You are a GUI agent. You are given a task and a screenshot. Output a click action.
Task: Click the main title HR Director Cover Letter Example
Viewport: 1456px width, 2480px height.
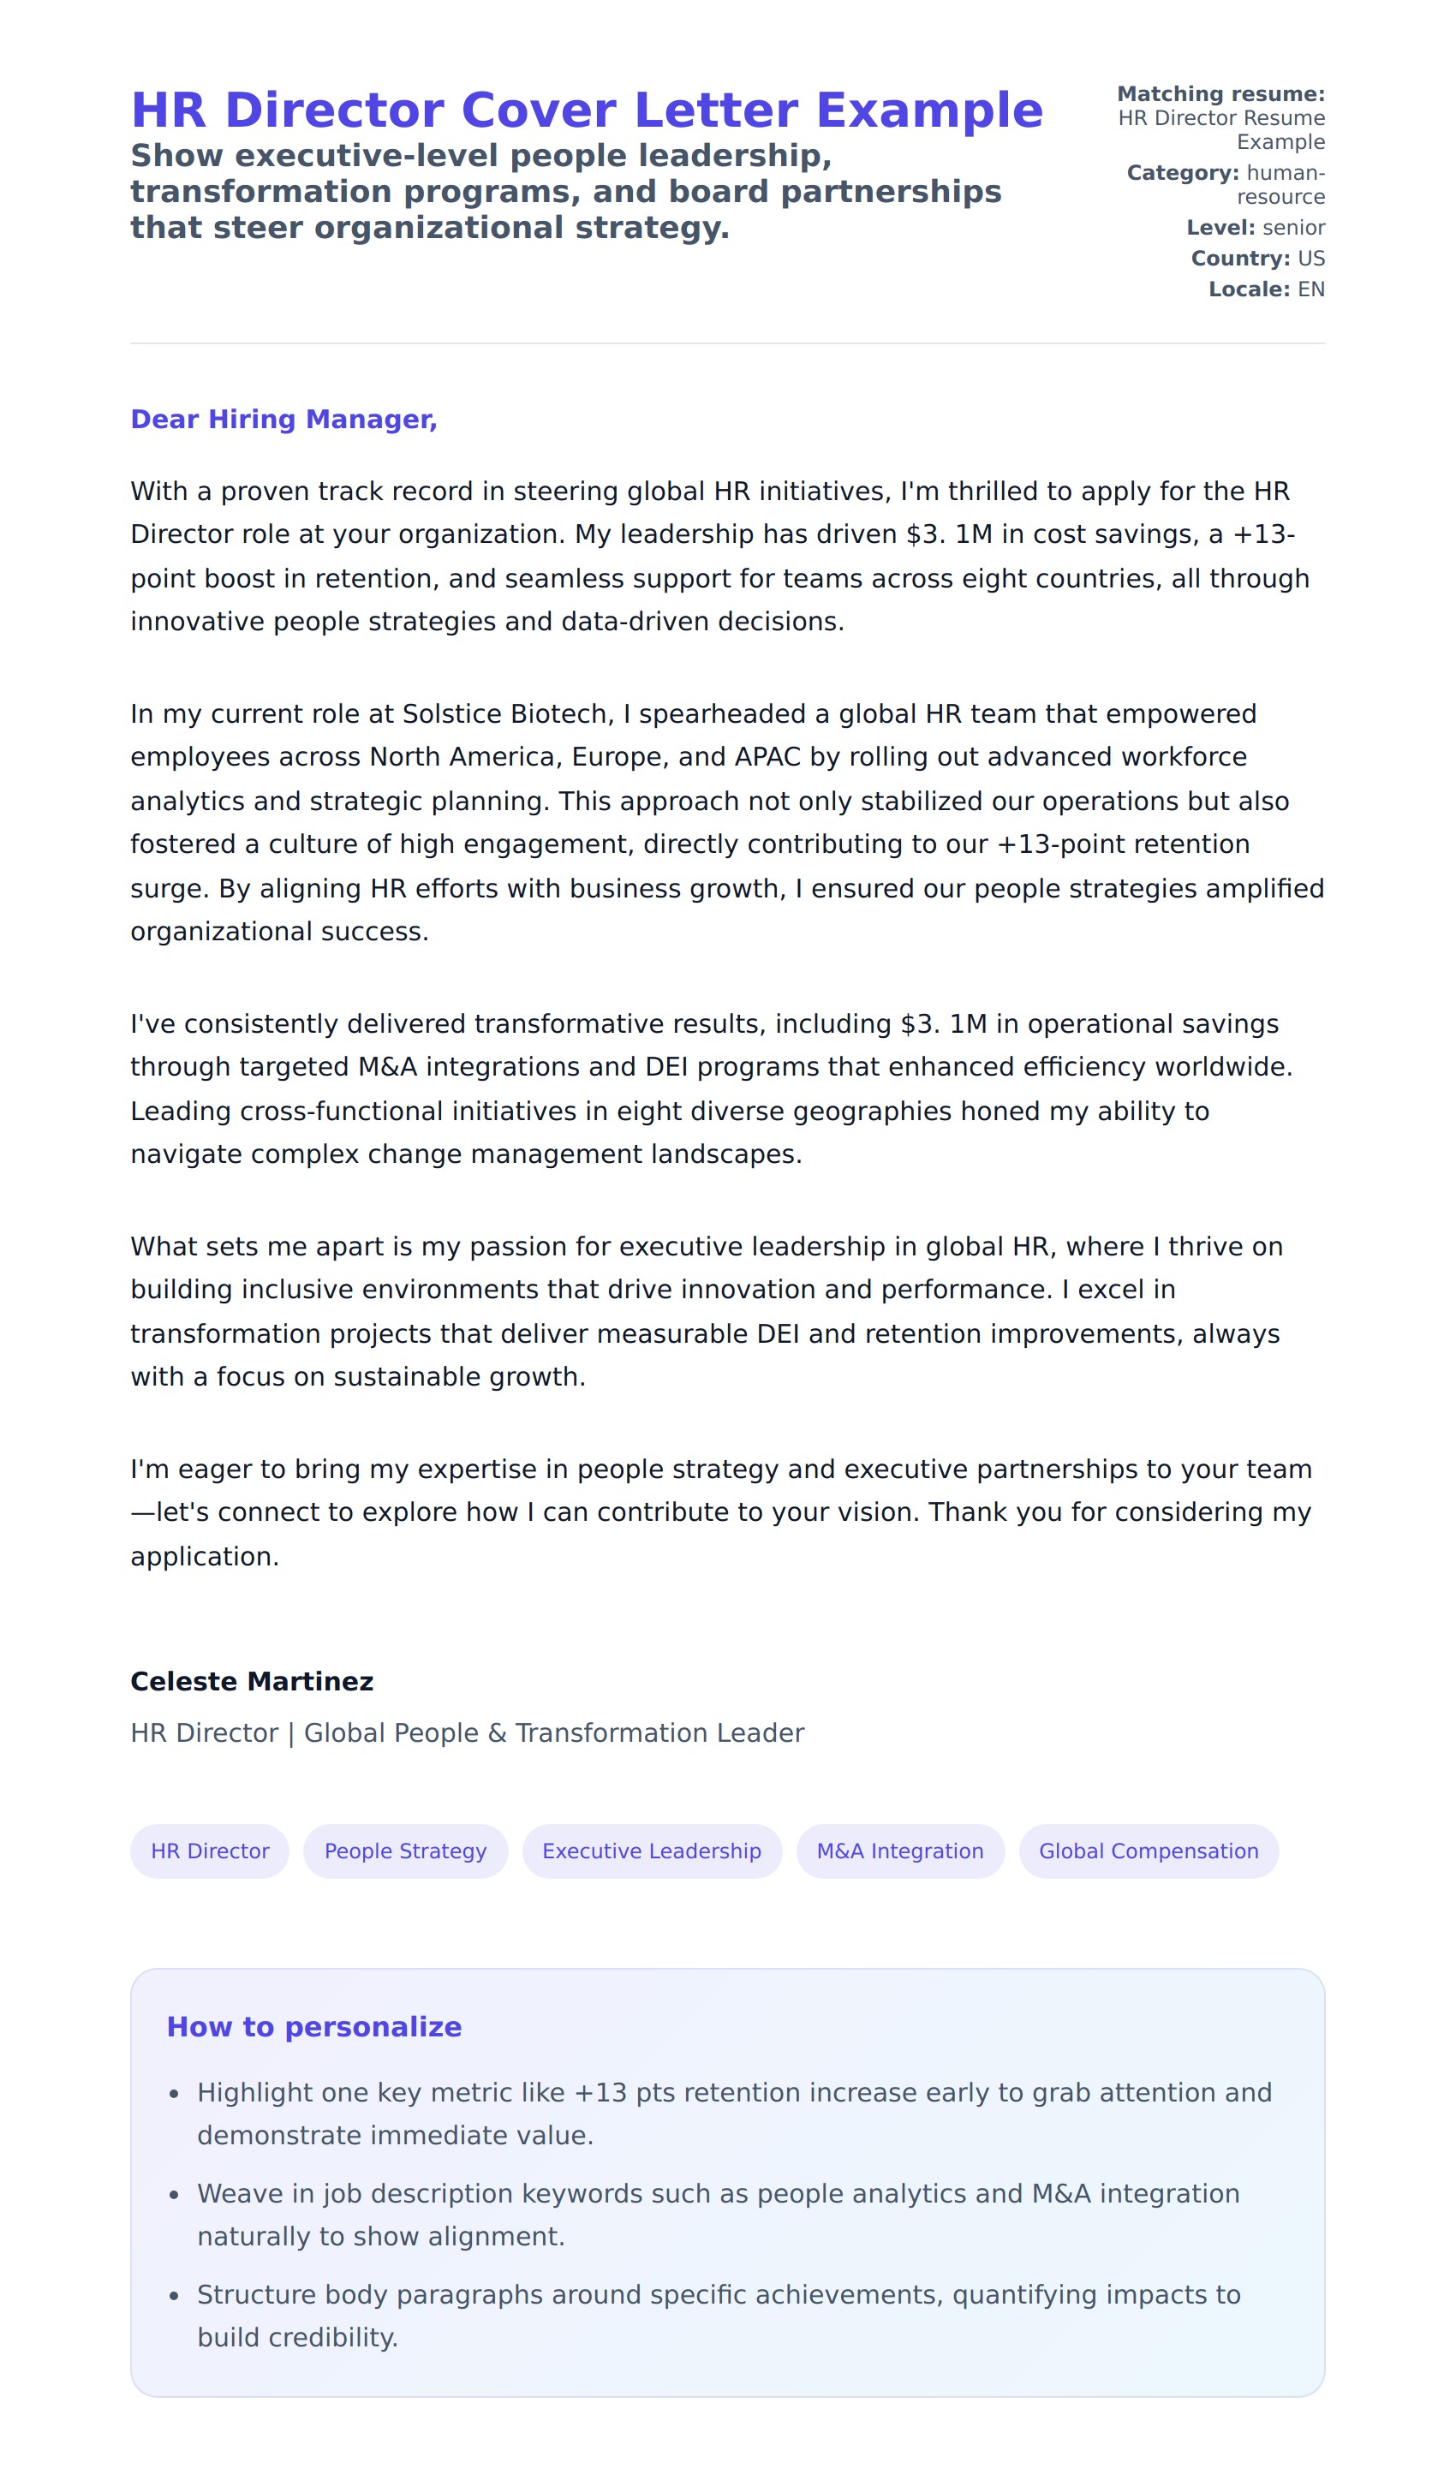pyautogui.click(x=587, y=110)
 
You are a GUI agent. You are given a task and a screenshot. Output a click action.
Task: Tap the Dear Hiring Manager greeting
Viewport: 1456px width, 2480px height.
pyautogui.click(x=283, y=420)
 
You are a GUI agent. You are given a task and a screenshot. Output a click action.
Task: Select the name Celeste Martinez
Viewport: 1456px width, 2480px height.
pyautogui.click(x=252, y=1681)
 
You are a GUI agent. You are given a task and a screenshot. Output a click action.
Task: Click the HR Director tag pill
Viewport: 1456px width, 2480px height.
pyautogui.click(x=210, y=1851)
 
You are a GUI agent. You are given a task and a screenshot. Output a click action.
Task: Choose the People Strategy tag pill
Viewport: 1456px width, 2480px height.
pyautogui.click(x=406, y=1851)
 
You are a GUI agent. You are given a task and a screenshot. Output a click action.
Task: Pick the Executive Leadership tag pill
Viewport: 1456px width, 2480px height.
pyautogui.click(x=652, y=1851)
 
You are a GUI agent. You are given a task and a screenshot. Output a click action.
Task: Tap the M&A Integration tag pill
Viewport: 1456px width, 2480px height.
pyautogui.click(x=900, y=1851)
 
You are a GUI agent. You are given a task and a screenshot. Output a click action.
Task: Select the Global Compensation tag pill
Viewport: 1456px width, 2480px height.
pyautogui.click(x=1149, y=1851)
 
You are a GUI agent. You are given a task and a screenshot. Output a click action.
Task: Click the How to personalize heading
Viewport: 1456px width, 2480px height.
pyautogui.click(x=314, y=2026)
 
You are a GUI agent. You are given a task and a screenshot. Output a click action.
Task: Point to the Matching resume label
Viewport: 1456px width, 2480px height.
pyautogui.click(x=1220, y=94)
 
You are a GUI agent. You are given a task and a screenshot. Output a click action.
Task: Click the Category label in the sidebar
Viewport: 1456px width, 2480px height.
pyautogui.click(x=1182, y=173)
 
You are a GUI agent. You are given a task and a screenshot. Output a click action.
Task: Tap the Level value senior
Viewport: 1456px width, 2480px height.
pyautogui.click(x=1293, y=229)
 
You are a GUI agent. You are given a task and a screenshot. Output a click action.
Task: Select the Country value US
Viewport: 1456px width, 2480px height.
pyautogui.click(x=1311, y=259)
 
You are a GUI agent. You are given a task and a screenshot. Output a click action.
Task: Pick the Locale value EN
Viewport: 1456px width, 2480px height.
pyautogui.click(x=1311, y=289)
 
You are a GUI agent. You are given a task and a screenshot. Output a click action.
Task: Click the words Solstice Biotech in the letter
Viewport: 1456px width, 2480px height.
pyautogui.click(x=505, y=713)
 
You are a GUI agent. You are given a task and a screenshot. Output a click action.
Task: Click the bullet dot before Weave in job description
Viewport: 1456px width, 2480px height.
pyautogui.click(x=174, y=2195)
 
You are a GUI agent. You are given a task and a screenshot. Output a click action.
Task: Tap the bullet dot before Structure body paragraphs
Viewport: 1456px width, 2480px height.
pyautogui.click(x=174, y=2296)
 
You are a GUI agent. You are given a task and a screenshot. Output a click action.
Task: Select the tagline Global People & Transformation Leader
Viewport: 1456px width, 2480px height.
pyautogui.click(x=554, y=1733)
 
